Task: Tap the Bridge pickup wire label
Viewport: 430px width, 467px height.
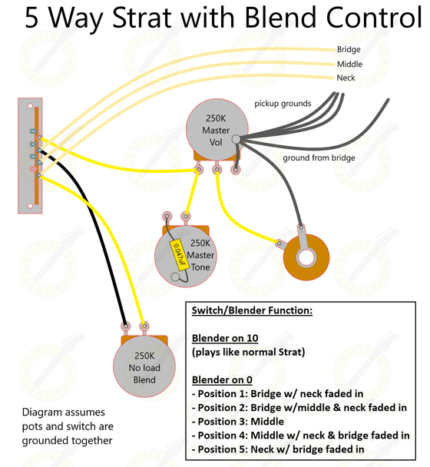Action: [x=349, y=50]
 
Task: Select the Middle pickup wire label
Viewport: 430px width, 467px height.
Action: [x=349, y=64]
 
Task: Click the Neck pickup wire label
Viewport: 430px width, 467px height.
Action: [x=346, y=78]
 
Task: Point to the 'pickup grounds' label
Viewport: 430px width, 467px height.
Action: [x=283, y=103]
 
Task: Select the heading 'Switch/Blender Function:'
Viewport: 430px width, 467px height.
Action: [x=250, y=310]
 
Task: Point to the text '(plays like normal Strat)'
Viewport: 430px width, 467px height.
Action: [x=250, y=353]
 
